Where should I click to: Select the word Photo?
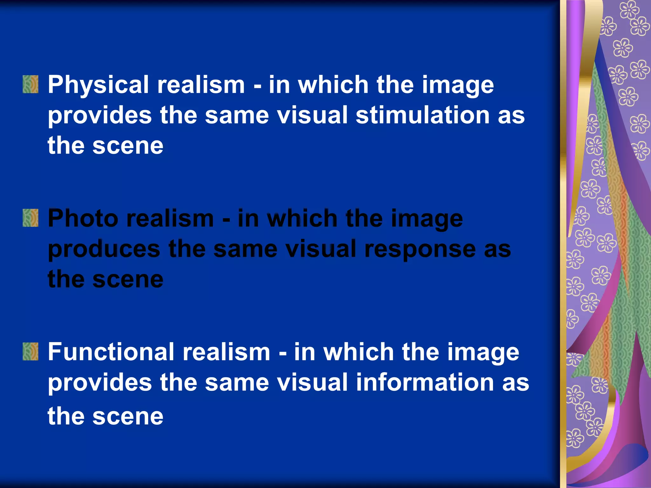pyautogui.click(x=83, y=219)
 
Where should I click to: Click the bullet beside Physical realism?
pyautogui.click(x=31, y=84)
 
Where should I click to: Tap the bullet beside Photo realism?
pyautogui.click(x=31, y=218)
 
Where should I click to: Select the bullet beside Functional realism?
pyautogui.click(x=31, y=352)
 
